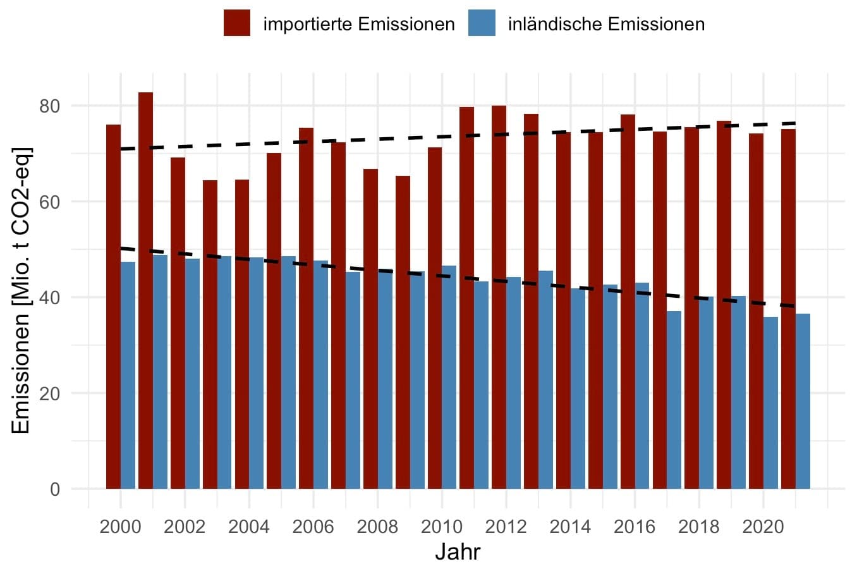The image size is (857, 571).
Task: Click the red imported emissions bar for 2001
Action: tap(145, 291)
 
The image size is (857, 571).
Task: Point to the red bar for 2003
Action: tap(210, 335)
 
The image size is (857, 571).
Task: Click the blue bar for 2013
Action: tap(545, 379)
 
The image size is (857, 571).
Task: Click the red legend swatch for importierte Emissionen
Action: tap(237, 24)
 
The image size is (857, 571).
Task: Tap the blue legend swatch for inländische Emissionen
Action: tap(482, 24)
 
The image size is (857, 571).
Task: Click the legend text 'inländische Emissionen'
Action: tap(606, 24)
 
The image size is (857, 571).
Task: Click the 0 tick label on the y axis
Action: tap(54, 489)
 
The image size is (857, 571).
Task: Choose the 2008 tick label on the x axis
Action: tap(377, 526)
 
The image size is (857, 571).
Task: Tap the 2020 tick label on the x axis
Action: tap(763, 526)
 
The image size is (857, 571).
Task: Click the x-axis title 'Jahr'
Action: tap(458, 552)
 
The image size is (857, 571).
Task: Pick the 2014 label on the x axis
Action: tap(570, 526)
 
